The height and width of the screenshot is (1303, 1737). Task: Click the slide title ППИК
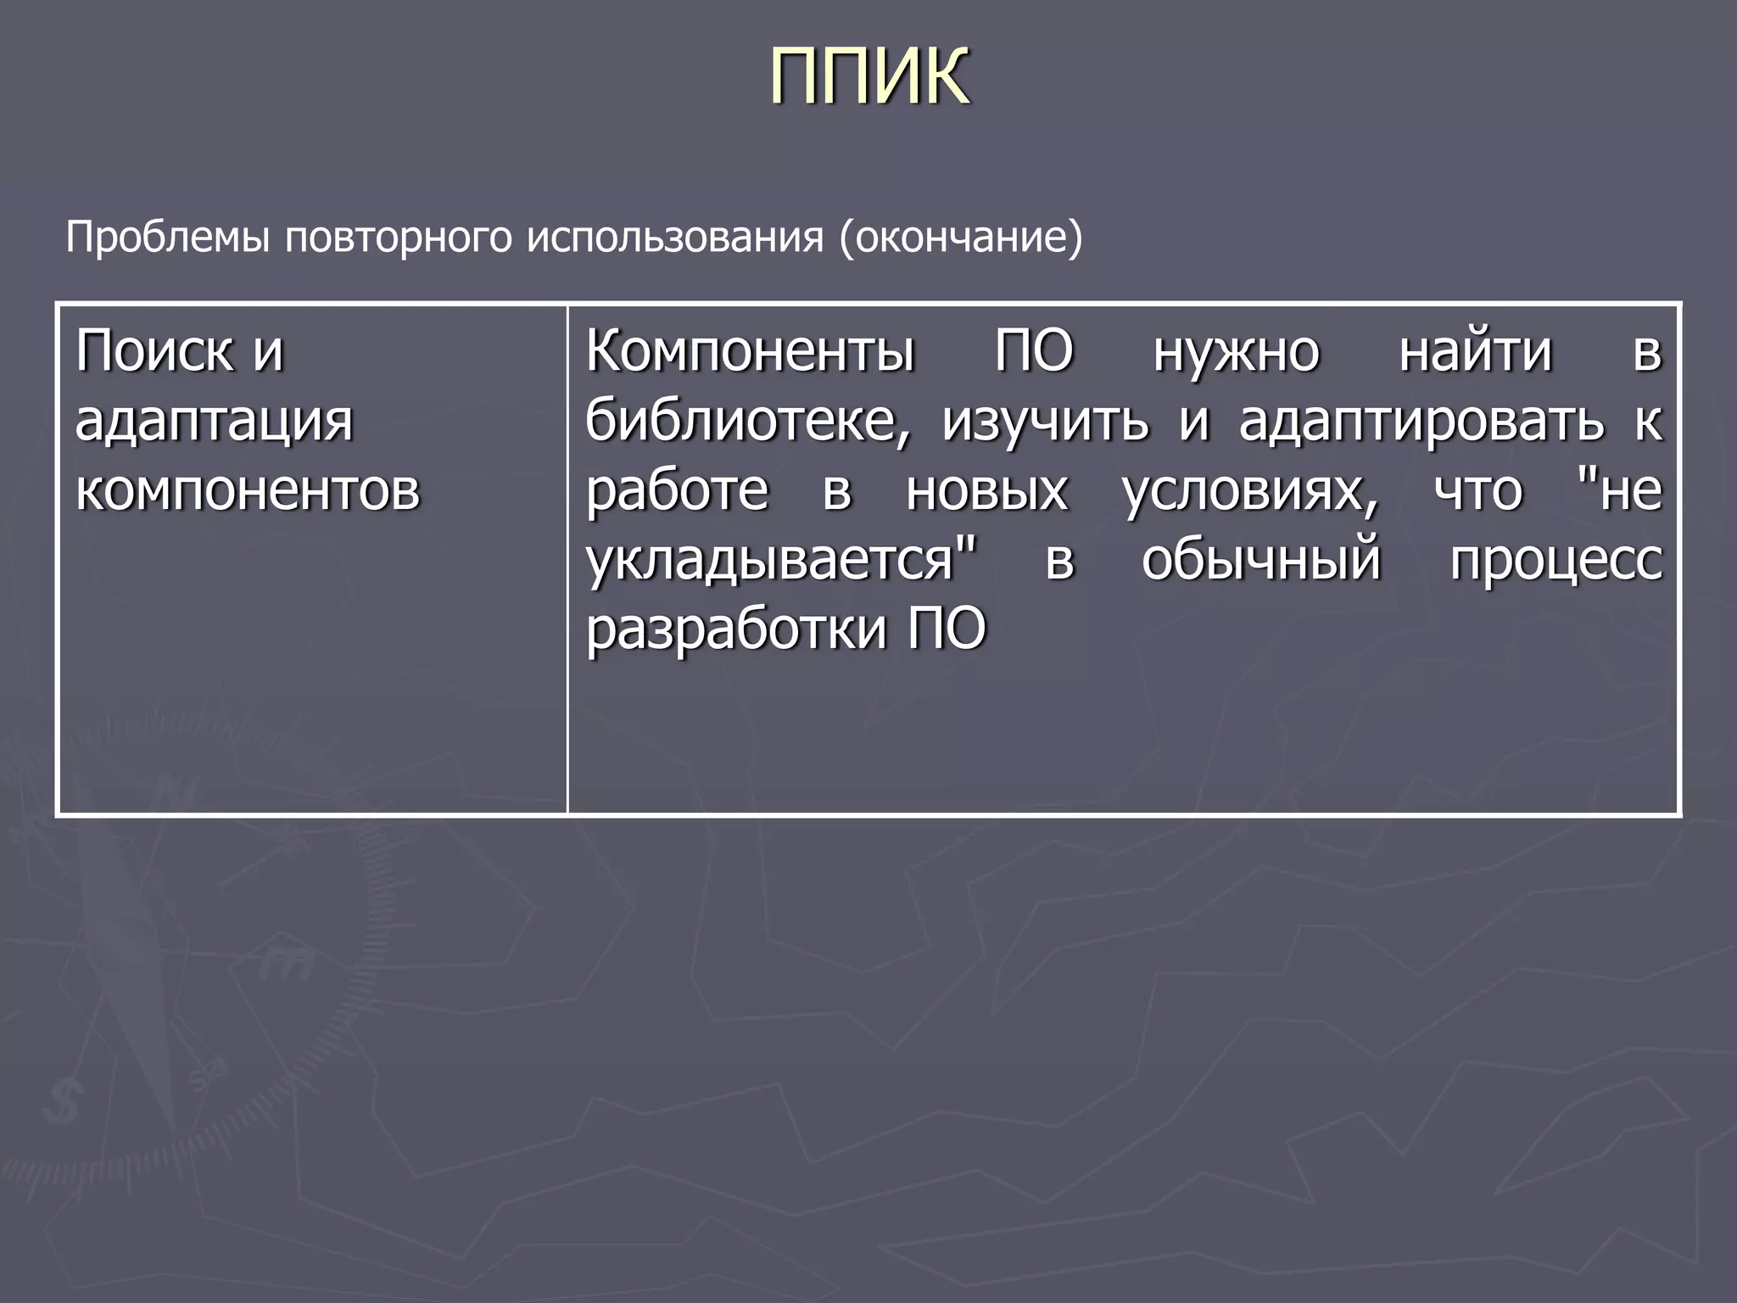pos(868,76)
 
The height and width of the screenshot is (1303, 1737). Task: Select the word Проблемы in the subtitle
pos(169,238)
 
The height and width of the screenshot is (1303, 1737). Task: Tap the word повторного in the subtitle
pos(398,238)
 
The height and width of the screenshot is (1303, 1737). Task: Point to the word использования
pos(675,238)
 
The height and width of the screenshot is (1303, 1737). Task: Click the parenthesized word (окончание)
pos(961,238)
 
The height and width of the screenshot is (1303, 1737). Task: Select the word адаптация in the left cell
pos(214,421)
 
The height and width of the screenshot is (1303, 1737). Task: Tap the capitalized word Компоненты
pos(751,350)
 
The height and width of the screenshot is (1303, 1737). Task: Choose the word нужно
pos(1236,352)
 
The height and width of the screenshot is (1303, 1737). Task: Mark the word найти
pos(1475,350)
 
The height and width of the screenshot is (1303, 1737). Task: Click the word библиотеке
pos(747,421)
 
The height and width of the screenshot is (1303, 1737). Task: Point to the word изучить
pos(1046,421)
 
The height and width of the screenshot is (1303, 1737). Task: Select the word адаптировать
pos(1421,422)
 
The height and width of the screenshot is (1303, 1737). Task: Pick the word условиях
pos(1250,492)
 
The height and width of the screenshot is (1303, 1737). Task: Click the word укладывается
pos(780,561)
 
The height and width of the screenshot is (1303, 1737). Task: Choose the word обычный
pos(1261,561)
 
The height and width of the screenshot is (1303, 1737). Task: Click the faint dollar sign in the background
pos(62,1101)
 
